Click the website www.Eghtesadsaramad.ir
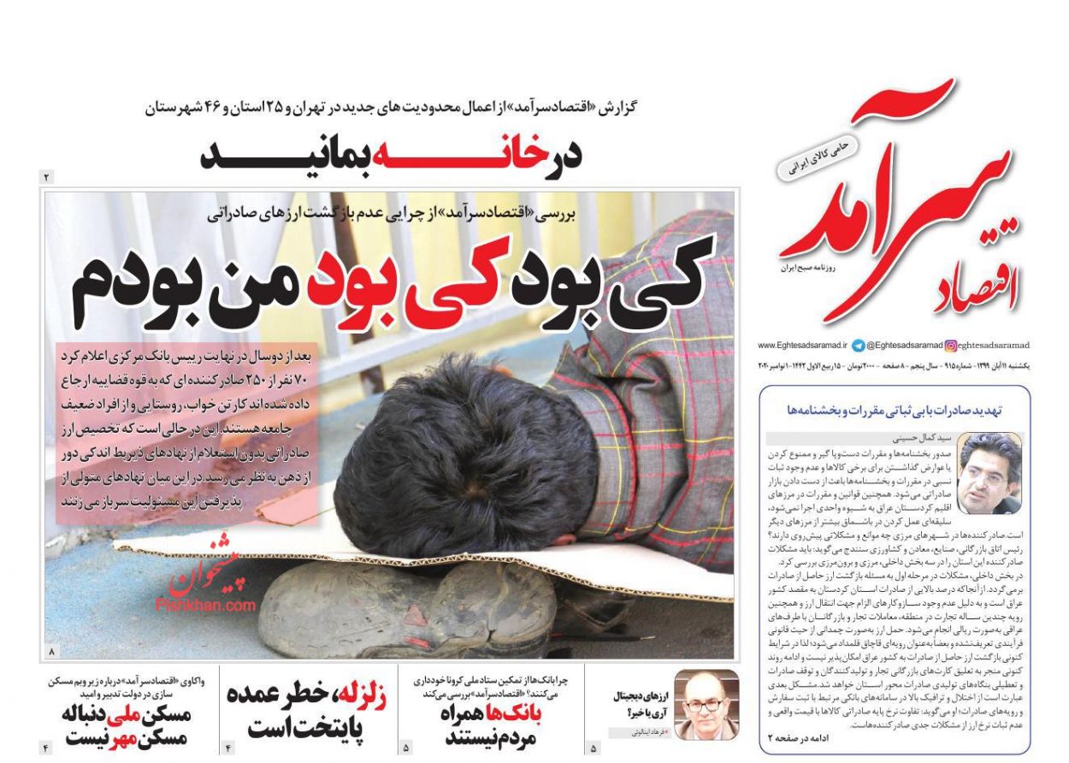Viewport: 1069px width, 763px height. point(801,346)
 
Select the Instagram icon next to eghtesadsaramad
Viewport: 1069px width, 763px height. point(950,346)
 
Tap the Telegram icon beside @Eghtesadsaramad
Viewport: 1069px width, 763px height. point(858,346)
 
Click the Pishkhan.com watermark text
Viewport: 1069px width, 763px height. point(205,605)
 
